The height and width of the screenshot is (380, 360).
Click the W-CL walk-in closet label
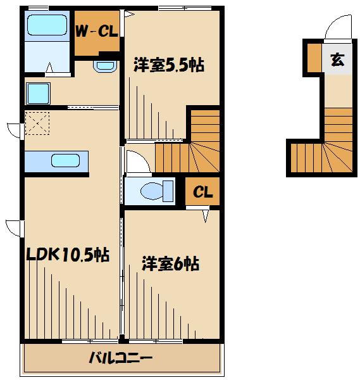tap(97, 31)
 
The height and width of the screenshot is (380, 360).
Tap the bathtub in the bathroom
tap(47, 25)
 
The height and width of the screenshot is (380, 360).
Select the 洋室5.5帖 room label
tap(169, 65)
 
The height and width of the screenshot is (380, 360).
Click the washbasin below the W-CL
tap(105, 66)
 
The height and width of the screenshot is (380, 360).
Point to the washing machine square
tap(38, 93)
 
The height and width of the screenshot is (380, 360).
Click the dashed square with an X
tap(37, 123)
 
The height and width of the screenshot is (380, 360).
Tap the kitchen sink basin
tap(65, 160)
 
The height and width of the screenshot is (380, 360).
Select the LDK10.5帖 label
tap(68, 255)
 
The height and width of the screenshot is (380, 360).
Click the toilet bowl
tap(152, 191)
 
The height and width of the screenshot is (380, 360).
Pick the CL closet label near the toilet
tap(203, 192)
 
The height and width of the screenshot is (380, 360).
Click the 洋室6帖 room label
tap(170, 263)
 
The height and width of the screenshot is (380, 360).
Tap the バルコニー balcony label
tap(121, 358)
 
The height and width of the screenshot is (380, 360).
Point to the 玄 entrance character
tap(337, 60)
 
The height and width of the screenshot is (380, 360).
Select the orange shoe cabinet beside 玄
tap(314, 58)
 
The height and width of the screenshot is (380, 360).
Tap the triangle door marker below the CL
tap(206, 216)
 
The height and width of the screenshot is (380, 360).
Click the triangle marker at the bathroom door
tap(49, 67)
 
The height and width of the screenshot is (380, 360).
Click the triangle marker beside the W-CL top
tap(129, 15)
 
